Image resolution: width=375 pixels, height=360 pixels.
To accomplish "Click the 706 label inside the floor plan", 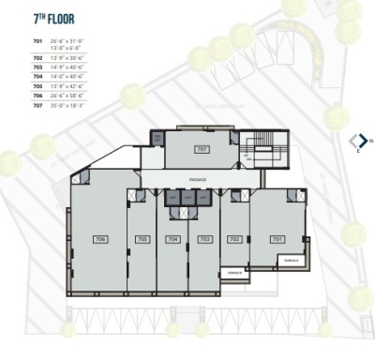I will point(100,240).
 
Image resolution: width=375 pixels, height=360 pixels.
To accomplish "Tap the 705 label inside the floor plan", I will point(142,240).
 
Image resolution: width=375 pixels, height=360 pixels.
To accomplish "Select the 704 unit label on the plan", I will point(172,240).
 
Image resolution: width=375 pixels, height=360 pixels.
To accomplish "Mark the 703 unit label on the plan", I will point(203,240).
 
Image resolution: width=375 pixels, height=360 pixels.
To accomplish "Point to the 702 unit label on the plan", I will point(235,240).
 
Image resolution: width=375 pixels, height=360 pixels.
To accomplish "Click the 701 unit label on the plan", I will point(277,240).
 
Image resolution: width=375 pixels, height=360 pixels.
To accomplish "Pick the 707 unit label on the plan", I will point(201,150).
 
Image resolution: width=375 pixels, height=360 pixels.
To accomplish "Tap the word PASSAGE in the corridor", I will point(198,178).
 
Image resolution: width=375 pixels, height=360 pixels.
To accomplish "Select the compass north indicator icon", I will point(357,142).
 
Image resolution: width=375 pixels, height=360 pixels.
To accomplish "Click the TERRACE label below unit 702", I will point(233,274).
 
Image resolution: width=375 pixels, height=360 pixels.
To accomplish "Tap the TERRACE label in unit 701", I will point(292,258).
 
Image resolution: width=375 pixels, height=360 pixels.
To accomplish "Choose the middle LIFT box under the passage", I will point(188,198).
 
